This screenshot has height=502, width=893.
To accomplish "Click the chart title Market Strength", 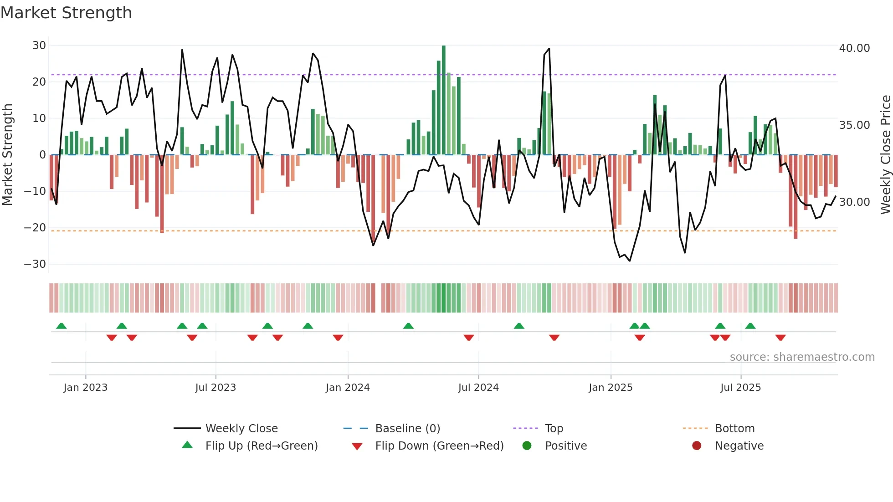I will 66,13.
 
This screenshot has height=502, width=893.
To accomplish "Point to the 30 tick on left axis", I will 39,46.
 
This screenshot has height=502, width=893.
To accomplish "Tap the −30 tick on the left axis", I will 35,264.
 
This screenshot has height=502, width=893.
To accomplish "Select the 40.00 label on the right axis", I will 854,48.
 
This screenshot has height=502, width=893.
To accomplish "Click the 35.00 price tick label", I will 854,125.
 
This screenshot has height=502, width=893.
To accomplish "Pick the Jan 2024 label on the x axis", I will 348,388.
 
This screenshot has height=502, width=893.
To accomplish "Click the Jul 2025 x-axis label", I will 740,388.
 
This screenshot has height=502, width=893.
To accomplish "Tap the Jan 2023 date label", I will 86,388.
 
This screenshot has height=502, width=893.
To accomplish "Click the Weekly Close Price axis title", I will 885,155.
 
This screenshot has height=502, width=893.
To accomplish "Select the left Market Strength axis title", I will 8,155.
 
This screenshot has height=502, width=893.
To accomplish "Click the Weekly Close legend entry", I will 241,429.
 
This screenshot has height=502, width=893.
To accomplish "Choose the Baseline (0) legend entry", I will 407,429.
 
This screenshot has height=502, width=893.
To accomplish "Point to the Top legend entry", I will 554,429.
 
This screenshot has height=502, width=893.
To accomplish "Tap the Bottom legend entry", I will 734,429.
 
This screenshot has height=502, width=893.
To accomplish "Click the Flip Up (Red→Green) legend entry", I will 261,446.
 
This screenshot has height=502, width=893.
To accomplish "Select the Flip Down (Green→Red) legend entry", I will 439,446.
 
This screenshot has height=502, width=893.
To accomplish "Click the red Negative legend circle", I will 697,446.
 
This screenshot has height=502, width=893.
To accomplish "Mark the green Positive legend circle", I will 527,446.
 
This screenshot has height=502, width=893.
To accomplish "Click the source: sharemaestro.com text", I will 802,357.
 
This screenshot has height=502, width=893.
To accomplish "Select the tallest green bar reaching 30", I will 444,100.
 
